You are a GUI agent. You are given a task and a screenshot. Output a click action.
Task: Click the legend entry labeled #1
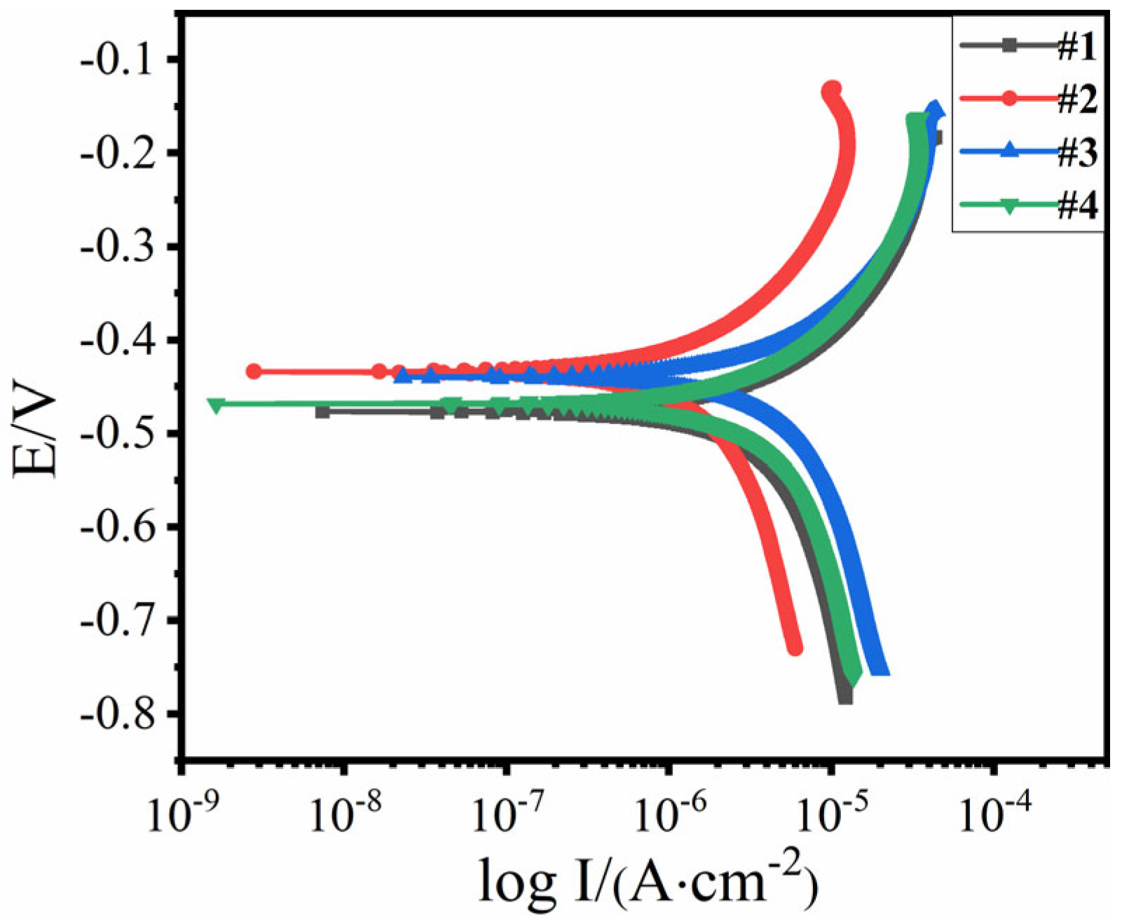point(1076,46)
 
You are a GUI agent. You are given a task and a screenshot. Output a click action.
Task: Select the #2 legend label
point(1076,99)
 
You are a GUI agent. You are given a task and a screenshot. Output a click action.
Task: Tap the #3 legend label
point(1076,151)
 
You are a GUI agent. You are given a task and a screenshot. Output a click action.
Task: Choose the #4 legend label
point(1076,205)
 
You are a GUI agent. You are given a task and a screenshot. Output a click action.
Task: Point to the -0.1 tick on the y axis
point(120,59)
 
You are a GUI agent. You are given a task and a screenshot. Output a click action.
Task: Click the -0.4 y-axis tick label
point(120,340)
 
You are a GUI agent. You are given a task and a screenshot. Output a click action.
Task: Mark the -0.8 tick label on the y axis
point(120,714)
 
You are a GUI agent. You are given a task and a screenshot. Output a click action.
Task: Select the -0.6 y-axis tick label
point(120,527)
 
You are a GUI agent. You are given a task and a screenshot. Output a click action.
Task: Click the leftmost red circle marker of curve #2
point(254,372)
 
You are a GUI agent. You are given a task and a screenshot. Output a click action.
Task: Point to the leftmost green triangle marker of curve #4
point(216,405)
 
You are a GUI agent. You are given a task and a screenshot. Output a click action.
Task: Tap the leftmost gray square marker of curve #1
point(322,412)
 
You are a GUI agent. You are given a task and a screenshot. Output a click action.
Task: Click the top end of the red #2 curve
point(832,90)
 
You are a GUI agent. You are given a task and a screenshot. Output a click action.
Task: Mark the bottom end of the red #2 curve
point(795,648)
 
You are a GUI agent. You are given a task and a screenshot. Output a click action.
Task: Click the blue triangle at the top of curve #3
point(935,109)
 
